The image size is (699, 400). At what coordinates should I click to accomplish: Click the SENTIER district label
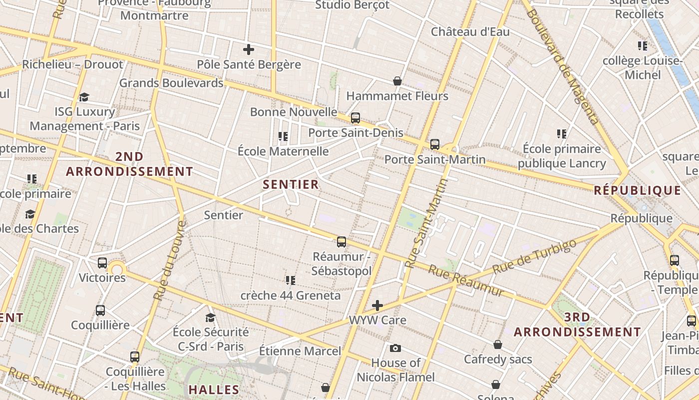click(x=291, y=184)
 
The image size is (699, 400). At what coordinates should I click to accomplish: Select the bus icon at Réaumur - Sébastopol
click(x=342, y=242)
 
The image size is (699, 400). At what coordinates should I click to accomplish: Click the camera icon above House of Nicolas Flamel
click(x=395, y=348)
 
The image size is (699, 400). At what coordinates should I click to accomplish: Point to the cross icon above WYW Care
click(x=377, y=305)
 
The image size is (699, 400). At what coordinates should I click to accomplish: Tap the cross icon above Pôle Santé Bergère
click(x=248, y=49)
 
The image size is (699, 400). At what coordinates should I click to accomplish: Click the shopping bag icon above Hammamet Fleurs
click(x=397, y=81)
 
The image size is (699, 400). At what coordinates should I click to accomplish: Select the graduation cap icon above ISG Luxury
click(x=84, y=97)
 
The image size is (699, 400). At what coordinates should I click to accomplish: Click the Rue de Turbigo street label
click(x=534, y=256)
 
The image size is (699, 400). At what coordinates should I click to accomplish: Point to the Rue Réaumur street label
click(x=466, y=281)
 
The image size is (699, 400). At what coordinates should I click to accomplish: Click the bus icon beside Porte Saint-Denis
click(x=355, y=118)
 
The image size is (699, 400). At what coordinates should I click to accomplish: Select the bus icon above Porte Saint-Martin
click(x=435, y=144)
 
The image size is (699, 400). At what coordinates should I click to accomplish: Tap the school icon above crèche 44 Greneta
click(x=291, y=280)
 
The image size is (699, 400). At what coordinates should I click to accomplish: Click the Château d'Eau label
click(x=470, y=32)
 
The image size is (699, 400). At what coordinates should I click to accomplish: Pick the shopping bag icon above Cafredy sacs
click(x=498, y=344)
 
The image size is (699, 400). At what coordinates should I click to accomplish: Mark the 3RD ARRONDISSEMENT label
click(x=577, y=324)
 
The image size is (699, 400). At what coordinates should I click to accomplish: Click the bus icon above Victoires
click(x=102, y=262)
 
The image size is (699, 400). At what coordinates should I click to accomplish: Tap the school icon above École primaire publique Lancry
click(x=562, y=134)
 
